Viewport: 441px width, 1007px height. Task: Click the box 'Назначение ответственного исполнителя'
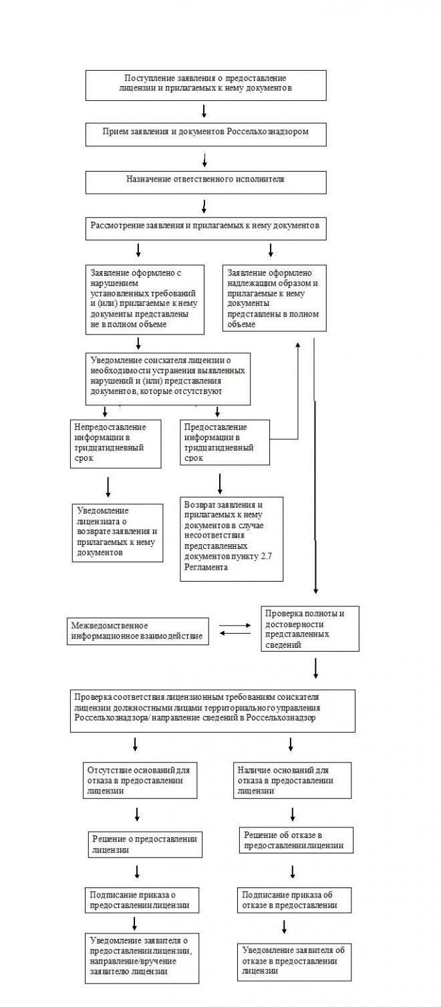[206, 182]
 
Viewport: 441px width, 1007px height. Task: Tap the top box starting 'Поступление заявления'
[206, 85]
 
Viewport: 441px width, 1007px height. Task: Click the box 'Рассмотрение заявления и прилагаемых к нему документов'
[206, 228]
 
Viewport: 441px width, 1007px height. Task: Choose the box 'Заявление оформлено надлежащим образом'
[274, 298]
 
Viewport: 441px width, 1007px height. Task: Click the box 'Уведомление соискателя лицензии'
[168, 379]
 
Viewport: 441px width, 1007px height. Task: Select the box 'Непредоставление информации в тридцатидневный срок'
[116, 443]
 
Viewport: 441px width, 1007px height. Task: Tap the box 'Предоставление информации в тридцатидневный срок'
[225, 442]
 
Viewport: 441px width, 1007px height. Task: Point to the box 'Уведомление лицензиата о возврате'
[118, 532]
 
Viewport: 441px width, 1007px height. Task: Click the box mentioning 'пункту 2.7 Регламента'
[231, 538]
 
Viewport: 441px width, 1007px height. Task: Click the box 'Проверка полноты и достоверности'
[309, 628]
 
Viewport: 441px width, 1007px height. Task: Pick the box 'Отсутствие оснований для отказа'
[140, 780]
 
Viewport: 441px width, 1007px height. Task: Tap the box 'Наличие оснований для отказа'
[293, 780]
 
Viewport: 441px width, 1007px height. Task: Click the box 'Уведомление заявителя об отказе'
[294, 960]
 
